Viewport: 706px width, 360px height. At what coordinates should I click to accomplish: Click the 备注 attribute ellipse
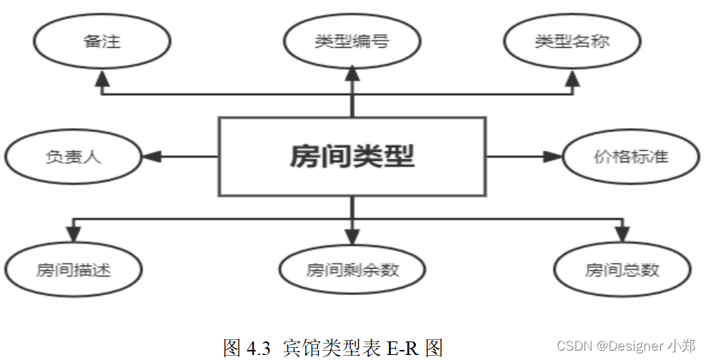coord(102,41)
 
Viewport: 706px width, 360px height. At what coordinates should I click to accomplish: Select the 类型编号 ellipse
coord(352,41)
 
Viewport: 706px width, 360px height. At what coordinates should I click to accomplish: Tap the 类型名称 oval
coord(572,41)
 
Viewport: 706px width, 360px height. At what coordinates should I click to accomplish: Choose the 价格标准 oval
coord(630,156)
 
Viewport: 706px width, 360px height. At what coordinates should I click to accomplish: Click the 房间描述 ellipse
coord(74,270)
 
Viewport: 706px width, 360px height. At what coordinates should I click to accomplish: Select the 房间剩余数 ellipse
coord(352,270)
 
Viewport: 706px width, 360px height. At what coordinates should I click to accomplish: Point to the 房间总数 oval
coord(622,270)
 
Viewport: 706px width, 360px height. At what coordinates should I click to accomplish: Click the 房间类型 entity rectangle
coord(352,156)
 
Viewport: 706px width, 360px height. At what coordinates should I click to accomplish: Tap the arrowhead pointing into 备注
coord(102,80)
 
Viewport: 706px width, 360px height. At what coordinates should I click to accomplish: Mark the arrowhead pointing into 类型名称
coord(572,80)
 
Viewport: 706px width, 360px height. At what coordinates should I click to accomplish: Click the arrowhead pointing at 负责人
coord(151,156)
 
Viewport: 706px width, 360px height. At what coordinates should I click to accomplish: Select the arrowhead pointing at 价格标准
coord(552,156)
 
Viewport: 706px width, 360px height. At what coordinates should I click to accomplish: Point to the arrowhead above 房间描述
coord(74,234)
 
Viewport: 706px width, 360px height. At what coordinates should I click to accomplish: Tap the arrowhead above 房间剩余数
coord(352,235)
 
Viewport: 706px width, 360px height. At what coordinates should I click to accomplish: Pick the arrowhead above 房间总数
coord(622,234)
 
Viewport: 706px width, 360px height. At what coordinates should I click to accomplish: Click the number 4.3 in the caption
coord(258,348)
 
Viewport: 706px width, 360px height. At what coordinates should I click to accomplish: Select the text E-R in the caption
coord(404,348)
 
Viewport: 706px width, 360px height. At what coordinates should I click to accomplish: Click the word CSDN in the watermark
coord(575,346)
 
